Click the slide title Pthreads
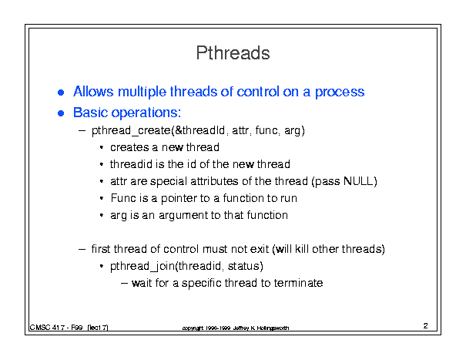(233, 53)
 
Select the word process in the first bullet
(340, 93)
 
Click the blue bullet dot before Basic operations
(61, 113)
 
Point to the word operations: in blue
(146, 113)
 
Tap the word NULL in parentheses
(358, 181)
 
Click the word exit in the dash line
(260, 249)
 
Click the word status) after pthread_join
(245, 266)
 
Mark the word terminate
(298, 283)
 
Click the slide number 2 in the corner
(426, 326)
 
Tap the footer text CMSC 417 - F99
(56, 328)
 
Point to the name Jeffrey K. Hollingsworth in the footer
(260, 328)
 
